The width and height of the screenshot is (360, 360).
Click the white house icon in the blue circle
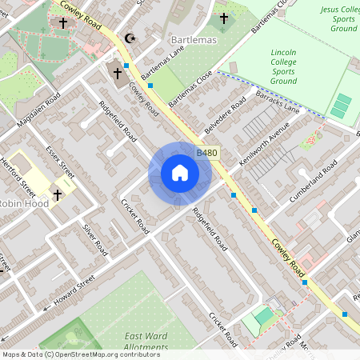(179, 173)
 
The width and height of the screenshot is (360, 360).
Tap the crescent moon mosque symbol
(130, 38)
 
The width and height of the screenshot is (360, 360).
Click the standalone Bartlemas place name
(190, 39)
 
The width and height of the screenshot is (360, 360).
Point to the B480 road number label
(207, 152)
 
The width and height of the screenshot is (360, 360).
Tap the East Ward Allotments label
(146, 342)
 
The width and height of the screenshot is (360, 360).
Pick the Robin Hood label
(24, 203)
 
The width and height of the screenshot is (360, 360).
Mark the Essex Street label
(60, 162)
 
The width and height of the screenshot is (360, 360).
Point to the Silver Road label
(94, 239)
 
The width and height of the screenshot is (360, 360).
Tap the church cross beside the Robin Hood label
(58, 194)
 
